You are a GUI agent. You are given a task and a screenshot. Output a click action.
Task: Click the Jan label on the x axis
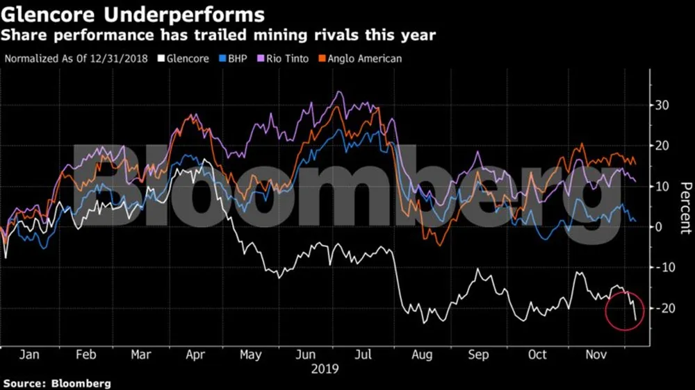(28, 355)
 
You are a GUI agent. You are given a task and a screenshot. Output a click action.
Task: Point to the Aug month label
(422, 355)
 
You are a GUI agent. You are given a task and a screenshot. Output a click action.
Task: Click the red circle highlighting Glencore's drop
(625, 310)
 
